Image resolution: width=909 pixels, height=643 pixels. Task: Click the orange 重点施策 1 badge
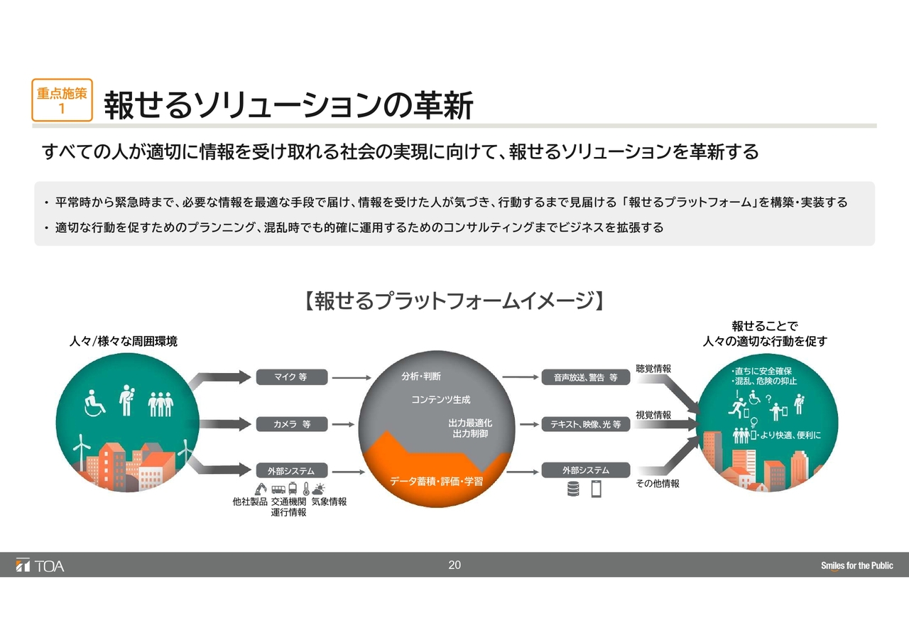pos(62,100)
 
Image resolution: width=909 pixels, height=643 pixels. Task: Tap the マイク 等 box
pos(292,377)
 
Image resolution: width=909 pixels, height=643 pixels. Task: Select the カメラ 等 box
pos(292,424)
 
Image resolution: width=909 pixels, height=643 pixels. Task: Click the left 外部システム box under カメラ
pos(292,471)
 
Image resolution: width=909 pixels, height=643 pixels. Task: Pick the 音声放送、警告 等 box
pos(586,377)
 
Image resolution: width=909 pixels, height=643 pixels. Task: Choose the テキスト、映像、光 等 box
pos(586,424)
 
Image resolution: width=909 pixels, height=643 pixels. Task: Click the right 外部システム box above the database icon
pos(586,470)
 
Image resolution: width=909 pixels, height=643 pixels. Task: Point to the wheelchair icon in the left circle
pos(94,403)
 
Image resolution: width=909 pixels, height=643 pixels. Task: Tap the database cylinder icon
pos(573,489)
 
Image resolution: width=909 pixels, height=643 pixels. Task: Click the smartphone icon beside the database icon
pos(596,489)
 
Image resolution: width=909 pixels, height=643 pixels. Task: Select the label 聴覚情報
pos(653,369)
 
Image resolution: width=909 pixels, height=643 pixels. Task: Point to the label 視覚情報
pos(653,415)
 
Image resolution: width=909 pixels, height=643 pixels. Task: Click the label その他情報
pos(658,483)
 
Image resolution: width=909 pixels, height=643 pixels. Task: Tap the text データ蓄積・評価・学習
pos(437,482)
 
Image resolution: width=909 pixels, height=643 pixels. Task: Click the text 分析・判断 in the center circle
pos(421,377)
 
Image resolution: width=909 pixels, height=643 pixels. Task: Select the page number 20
pos(454,565)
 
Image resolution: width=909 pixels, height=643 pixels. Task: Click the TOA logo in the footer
pos(40,566)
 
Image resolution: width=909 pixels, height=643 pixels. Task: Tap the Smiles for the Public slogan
pos(857,566)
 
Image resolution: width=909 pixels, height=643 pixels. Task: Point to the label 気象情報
pos(329,502)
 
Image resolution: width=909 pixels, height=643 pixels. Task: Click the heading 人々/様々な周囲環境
pos(124,341)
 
